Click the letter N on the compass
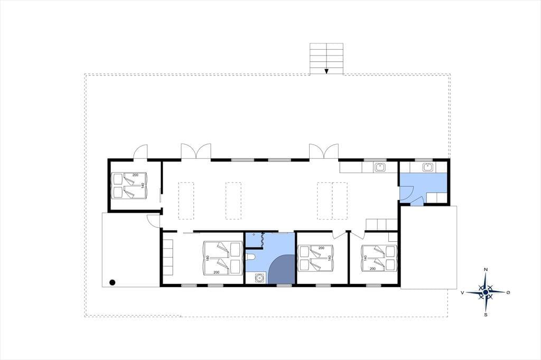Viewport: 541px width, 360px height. point(486,269)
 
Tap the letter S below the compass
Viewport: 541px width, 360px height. point(486,315)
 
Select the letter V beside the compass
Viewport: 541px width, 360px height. point(462,293)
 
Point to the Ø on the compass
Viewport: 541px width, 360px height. point(508,292)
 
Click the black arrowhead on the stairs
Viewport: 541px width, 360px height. point(327,71)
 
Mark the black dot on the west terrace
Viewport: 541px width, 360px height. point(112,282)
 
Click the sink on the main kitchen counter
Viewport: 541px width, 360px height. point(380,167)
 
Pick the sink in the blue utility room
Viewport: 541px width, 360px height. point(428,167)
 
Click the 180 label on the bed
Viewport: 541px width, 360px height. point(208,258)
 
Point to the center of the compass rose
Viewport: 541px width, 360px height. point(486,292)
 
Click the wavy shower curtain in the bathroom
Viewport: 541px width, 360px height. point(262,239)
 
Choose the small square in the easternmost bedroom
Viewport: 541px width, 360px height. point(393,237)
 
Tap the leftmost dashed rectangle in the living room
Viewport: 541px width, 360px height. point(186,201)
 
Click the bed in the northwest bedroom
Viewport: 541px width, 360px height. point(130,185)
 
